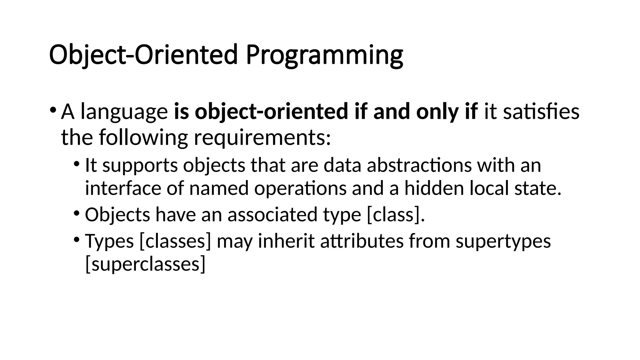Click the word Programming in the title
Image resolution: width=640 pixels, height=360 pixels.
coord(324,55)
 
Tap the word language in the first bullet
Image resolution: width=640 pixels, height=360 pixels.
coord(124,112)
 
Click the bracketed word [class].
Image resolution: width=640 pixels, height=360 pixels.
coord(396,215)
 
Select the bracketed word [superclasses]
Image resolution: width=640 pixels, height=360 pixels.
coord(145,264)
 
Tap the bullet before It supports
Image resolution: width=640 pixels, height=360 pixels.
coord(77,164)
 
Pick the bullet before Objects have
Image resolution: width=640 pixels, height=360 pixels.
coord(77,213)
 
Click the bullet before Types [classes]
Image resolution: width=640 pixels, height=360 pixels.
coord(77,240)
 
